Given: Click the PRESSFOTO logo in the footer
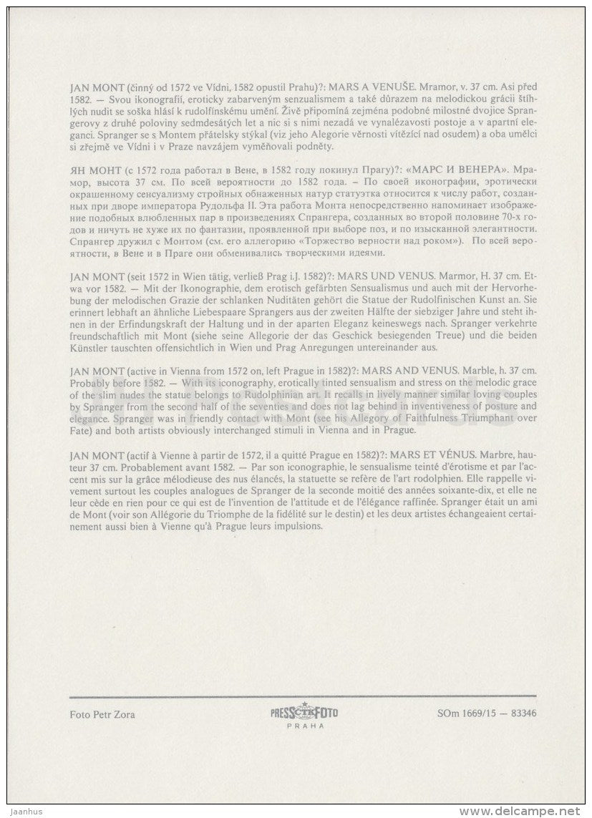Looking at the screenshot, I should [x=304, y=712].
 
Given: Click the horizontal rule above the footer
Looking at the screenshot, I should [x=303, y=696].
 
